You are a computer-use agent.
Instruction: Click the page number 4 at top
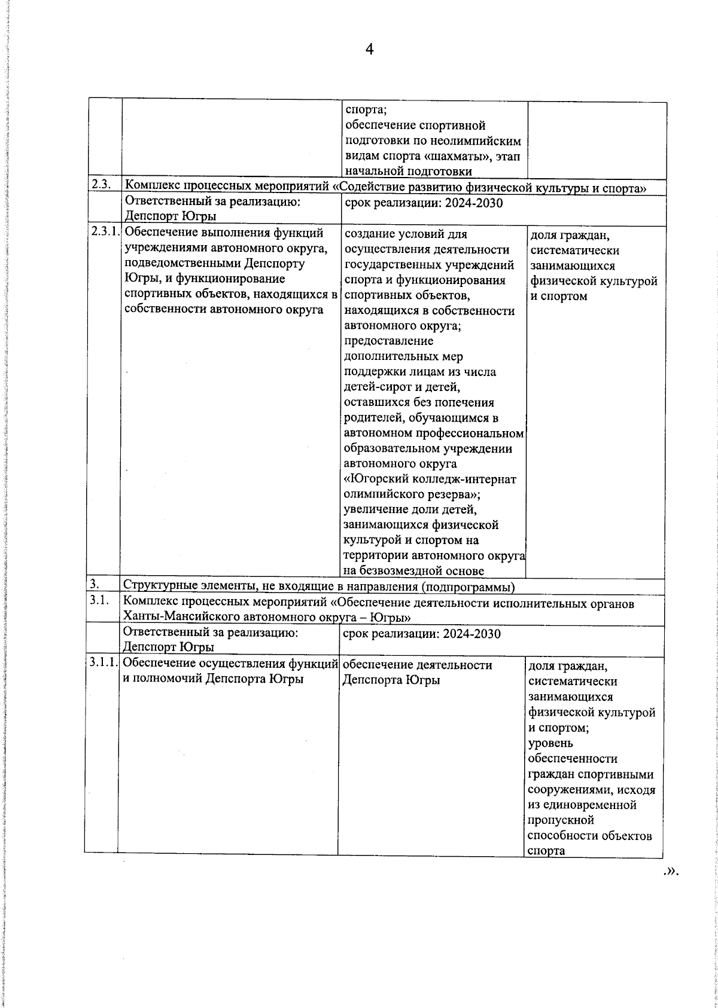[369, 50]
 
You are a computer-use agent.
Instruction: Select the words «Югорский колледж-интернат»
[431, 479]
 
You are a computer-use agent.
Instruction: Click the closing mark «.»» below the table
[671, 870]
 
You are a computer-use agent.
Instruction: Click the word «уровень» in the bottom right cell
[550, 743]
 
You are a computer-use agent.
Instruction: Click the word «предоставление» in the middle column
[389, 341]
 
